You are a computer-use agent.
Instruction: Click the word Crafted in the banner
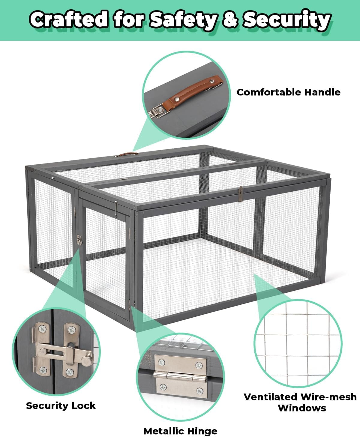coord(69,19)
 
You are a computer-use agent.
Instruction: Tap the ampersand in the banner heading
coord(230,20)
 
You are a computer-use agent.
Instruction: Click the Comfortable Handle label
coord(288,92)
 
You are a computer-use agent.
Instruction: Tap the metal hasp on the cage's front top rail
coord(241,194)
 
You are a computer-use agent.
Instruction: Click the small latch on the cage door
coord(79,240)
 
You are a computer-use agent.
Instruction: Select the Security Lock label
coord(61,406)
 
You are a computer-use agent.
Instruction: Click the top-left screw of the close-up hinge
coord(161,362)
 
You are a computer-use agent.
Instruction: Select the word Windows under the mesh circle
coord(302,408)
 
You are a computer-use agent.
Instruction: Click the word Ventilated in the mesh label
coord(271,397)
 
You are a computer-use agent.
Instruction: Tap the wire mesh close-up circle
coord(298,343)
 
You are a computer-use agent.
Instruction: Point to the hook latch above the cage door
coord(116,208)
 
